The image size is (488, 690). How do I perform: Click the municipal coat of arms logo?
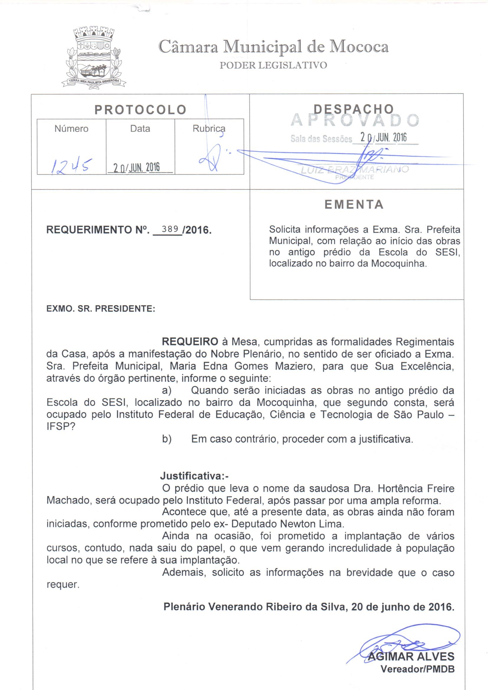pyautogui.click(x=94, y=58)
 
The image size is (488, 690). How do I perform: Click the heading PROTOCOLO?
pyautogui.click(x=141, y=110)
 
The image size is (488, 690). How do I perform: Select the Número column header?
pyautogui.click(x=71, y=129)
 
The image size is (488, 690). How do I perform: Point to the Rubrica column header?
pyautogui.click(x=209, y=129)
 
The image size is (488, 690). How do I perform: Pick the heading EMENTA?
pyautogui.click(x=354, y=205)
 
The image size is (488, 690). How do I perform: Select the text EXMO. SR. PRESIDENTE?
pyautogui.click(x=101, y=309)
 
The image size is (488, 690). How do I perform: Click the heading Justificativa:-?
pyautogui.click(x=194, y=476)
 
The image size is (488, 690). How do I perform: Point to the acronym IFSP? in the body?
pyautogui.click(x=61, y=427)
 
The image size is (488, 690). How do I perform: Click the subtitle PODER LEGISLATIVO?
pyautogui.click(x=273, y=65)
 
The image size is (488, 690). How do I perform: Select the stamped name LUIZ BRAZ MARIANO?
pyautogui.click(x=355, y=169)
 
